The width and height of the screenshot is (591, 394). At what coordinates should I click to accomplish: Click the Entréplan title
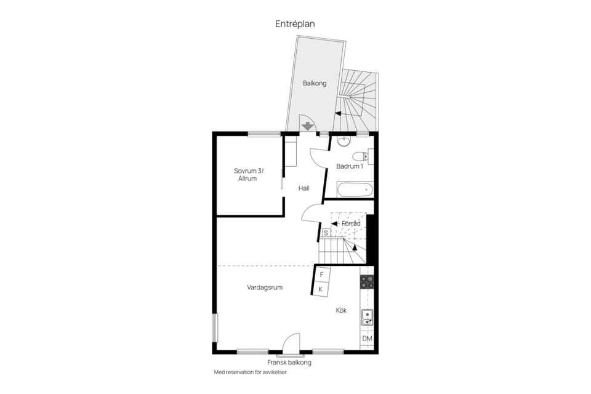tap(295, 24)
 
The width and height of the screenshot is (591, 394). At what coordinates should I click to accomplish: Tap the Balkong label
tap(315, 83)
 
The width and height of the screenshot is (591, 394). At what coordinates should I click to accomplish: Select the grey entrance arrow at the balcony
tap(308, 126)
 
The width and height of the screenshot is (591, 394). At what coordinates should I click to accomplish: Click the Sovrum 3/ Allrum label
tap(248, 175)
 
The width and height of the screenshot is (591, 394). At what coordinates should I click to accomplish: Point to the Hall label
tap(304, 188)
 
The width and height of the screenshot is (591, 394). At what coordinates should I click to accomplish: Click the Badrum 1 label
tap(350, 166)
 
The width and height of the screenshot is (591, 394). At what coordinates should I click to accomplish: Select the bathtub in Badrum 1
tap(355, 190)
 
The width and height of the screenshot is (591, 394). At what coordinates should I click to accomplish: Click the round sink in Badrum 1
tap(344, 142)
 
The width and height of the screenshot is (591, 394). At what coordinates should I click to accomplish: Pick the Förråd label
tap(351, 223)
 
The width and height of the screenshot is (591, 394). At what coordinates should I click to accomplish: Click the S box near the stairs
tap(326, 233)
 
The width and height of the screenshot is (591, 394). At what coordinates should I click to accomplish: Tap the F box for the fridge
tap(321, 275)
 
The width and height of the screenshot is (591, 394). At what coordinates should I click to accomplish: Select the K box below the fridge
tap(320, 289)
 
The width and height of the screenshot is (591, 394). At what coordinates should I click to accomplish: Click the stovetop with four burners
tap(367, 282)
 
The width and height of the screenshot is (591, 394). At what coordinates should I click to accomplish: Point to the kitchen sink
tap(367, 317)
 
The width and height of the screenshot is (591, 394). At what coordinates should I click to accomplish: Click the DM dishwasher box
tap(367, 339)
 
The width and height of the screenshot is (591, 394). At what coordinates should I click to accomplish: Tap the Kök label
tap(341, 310)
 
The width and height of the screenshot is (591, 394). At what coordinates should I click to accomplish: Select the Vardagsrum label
tap(265, 287)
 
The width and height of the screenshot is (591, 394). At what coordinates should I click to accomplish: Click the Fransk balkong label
tap(289, 363)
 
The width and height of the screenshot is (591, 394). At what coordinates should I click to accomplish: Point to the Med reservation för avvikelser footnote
tap(251, 372)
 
